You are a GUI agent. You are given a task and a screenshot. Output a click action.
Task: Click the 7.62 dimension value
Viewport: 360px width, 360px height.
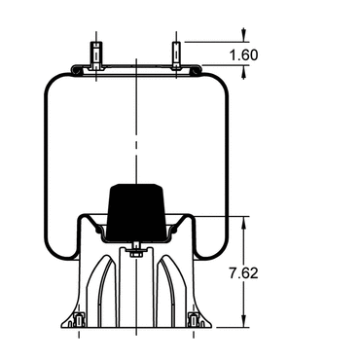point(244,273)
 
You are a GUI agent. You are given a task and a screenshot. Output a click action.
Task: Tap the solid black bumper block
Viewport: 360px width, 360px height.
point(137,212)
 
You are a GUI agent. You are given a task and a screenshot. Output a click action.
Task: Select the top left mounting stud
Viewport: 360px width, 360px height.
point(96,55)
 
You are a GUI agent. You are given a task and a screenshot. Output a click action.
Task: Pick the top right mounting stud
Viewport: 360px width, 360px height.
point(176,55)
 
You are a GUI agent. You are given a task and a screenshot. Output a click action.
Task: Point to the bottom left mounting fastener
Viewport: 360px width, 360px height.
point(79,320)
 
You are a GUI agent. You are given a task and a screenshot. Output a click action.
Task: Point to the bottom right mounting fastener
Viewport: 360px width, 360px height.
point(194,320)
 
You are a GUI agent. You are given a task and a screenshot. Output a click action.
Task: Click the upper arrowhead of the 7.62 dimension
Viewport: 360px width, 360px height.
point(244,222)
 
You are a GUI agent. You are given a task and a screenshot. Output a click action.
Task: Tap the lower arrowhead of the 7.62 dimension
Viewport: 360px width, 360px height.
point(244,322)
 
